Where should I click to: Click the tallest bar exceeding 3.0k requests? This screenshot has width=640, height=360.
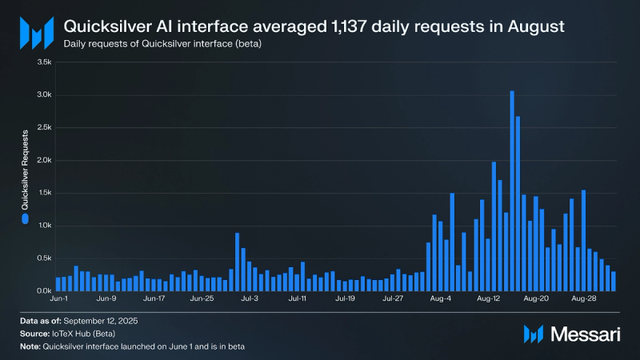[512, 191]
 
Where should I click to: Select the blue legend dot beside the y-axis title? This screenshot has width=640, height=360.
[25, 218]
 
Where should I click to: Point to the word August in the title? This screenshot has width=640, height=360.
[528, 26]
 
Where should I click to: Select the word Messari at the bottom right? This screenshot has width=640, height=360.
[585, 333]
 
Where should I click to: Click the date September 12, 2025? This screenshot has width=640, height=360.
[99, 321]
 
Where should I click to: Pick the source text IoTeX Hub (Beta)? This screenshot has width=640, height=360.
[85, 333]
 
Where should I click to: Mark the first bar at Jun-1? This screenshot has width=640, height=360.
[58, 284]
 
